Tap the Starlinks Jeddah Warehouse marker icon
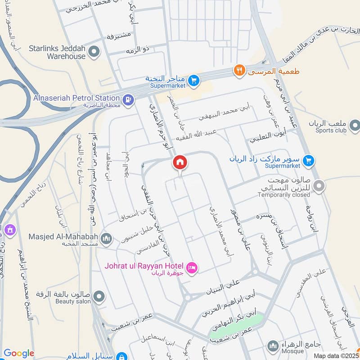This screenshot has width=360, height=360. tap(94, 52)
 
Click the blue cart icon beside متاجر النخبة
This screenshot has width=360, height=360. tap(193, 80)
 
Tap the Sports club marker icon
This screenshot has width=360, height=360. tap(355, 125)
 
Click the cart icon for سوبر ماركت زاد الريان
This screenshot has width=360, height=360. tap(308, 160)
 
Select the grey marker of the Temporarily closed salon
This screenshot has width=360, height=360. tap(319, 185)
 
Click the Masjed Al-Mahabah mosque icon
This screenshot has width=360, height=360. tap(106, 238)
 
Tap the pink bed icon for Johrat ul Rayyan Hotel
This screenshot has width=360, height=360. tap(191, 268)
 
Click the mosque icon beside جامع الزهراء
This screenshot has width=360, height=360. tap(272, 346)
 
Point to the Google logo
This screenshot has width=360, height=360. tap(19, 353)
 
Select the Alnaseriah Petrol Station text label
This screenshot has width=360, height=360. tap(76, 98)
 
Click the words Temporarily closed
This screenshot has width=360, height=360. tap(284, 195)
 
